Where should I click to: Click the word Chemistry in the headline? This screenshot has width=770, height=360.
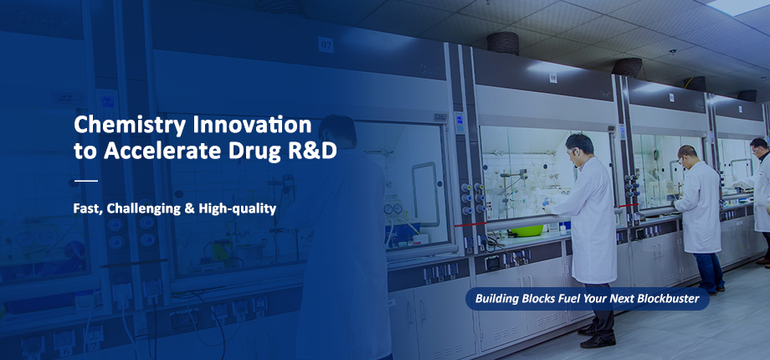click(130, 126)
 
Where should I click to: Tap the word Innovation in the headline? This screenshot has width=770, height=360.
click(253, 125)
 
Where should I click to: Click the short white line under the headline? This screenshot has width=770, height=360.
click(86, 181)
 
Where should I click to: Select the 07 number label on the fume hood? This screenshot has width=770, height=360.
click(326, 44)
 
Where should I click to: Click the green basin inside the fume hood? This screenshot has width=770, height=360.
click(526, 230)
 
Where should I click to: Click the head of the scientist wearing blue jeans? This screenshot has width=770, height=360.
click(687, 155)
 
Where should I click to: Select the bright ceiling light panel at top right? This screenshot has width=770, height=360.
click(738, 7)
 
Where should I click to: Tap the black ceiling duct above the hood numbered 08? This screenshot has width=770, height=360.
click(503, 44)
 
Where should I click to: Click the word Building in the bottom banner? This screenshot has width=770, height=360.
click(495, 299)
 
